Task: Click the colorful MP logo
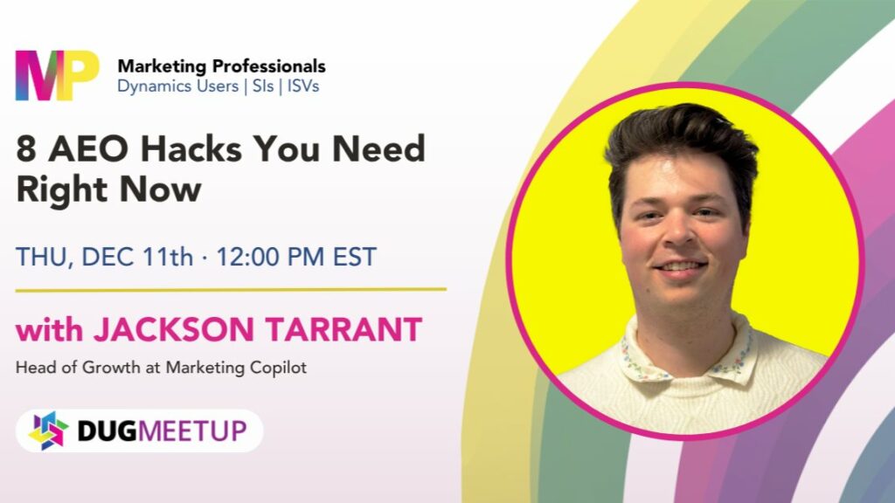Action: [57, 75]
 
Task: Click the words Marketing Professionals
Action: [221, 66]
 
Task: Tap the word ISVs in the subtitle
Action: [303, 86]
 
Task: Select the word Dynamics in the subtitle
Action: [149, 86]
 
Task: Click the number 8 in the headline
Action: [26, 149]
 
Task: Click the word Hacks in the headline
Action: [191, 148]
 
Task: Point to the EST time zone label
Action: [355, 257]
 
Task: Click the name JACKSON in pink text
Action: [174, 329]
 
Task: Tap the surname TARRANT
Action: [343, 329]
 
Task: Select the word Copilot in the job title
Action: [280, 368]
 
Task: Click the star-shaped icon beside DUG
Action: [48, 431]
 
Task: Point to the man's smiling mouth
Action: [680, 266]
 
